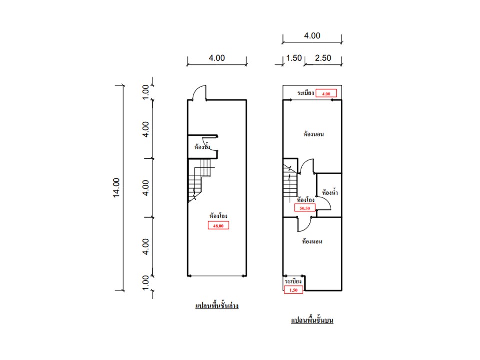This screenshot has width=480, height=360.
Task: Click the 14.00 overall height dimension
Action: tap(117, 188)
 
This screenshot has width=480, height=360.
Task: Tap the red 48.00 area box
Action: tap(218, 226)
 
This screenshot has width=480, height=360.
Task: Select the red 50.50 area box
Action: tap(305, 208)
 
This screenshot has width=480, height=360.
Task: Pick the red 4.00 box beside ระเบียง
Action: tap(326, 93)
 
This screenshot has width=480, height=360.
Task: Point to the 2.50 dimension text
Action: tap(323, 58)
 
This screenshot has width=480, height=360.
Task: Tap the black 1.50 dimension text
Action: tap(293, 58)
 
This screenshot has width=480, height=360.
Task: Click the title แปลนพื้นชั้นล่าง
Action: tap(217, 305)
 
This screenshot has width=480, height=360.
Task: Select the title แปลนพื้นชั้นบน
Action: tap(312, 320)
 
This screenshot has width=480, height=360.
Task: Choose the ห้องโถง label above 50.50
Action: tap(305, 199)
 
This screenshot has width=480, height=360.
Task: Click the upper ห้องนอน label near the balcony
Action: tap(314, 134)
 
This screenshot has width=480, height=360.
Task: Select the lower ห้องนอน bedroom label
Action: tap(312, 242)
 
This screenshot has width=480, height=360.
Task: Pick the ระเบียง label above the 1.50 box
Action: tap(293, 282)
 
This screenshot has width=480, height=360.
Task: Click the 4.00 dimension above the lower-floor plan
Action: tap(217, 58)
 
